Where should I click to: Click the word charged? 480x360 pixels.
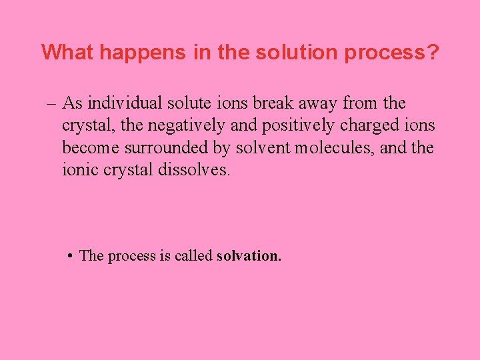(x=369, y=126)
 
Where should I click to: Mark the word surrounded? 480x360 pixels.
(x=167, y=147)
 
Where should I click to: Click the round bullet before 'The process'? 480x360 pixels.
(x=70, y=256)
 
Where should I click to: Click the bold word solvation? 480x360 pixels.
(x=249, y=256)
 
